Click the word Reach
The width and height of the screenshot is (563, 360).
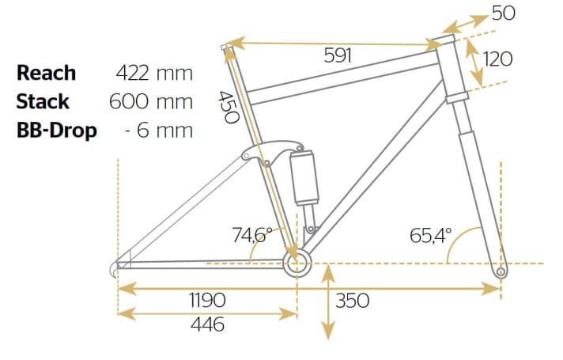point(47,73)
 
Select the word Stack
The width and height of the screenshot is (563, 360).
point(43,101)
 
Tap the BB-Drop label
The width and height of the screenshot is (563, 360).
point(57,130)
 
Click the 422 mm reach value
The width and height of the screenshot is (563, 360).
point(154,73)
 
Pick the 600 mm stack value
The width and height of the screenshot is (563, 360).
point(151,101)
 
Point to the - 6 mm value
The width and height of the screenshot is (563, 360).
point(159,130)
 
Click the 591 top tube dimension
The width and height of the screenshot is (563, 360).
point(338,55)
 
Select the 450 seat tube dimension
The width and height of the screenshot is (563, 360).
point(229,107)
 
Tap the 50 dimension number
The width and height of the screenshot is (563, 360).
point(504,13)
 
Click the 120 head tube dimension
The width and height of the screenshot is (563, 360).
point(497,59)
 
